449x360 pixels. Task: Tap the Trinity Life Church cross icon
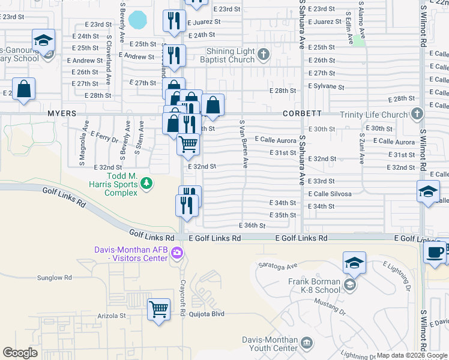(417, 114)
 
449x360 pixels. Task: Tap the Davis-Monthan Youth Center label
(270, 343)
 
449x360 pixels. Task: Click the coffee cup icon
(435, 252)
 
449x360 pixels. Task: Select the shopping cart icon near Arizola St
(158, 310)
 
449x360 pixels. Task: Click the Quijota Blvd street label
(206, 313)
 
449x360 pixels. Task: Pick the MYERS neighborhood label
(62, 113)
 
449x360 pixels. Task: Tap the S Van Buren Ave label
(244, 143)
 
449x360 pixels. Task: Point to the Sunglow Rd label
(55, 278)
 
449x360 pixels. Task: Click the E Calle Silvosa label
(330, 194)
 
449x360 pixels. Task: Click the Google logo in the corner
(20, 353)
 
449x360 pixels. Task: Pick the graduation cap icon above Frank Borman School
(354, 263)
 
